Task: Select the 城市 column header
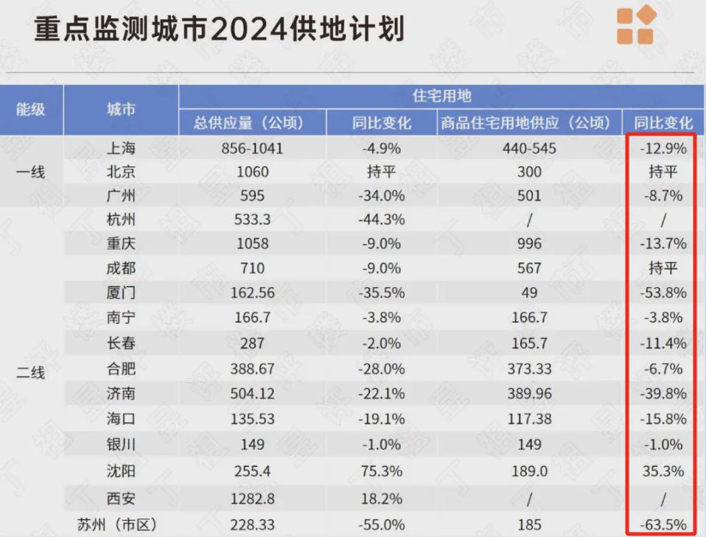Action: (121, 109)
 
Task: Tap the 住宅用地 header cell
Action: (441, 96)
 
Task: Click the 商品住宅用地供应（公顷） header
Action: (526, 122)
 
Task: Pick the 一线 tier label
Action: (31, 172)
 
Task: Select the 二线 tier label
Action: (31, 373)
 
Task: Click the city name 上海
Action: (121, 148)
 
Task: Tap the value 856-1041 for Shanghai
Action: (252, 148)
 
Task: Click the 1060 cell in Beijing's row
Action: (252, 172)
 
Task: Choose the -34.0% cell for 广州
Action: (383, 196)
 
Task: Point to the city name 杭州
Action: (121, 220)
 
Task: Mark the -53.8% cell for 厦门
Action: (663, 292)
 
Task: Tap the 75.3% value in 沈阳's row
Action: (383, 470)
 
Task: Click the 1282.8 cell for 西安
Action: (252, 499)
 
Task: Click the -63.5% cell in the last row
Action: (663, 524)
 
